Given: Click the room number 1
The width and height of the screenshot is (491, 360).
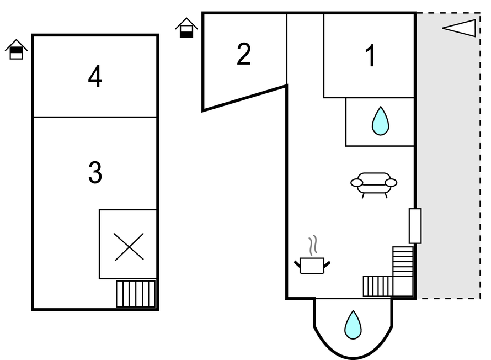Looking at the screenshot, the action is (x=371, y=55).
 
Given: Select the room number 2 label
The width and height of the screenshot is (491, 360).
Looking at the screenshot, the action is (x=244, y=54).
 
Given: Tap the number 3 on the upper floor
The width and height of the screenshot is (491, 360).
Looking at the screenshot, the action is (x=95, y=172).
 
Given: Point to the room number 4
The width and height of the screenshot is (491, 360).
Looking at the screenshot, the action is (x=95, y=76).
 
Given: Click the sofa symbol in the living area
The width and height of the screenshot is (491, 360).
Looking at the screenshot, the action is (x=374, y=185).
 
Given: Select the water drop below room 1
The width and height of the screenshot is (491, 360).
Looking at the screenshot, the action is (x=381, y=121).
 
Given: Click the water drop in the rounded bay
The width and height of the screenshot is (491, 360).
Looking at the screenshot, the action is (x=353, y=325).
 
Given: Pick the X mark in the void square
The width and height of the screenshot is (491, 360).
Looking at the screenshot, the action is (x=129, y=247).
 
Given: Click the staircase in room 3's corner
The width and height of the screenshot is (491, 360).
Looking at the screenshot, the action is (x=136, y=294).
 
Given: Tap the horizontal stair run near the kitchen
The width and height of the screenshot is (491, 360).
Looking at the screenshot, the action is (x=378, y=286).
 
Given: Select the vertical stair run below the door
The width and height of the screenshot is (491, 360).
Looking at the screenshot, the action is (x=403, y=261).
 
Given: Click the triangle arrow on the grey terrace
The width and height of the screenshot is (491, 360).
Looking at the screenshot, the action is (x=460, y=28).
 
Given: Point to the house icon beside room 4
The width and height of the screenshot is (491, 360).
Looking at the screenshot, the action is (x=17, y=49).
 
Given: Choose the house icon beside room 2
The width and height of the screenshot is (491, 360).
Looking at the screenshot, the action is (x=186, y=28).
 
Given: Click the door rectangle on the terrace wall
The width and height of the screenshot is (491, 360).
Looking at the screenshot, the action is (x=415, y=226).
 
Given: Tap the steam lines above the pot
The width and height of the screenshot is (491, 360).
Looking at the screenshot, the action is (x=313, y=245).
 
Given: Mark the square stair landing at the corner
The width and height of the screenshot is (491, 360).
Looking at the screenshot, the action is (x=403, y=286).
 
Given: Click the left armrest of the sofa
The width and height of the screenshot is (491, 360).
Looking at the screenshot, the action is (x=356, y=182).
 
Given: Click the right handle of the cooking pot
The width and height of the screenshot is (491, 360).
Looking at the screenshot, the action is (x=327, y=264).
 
